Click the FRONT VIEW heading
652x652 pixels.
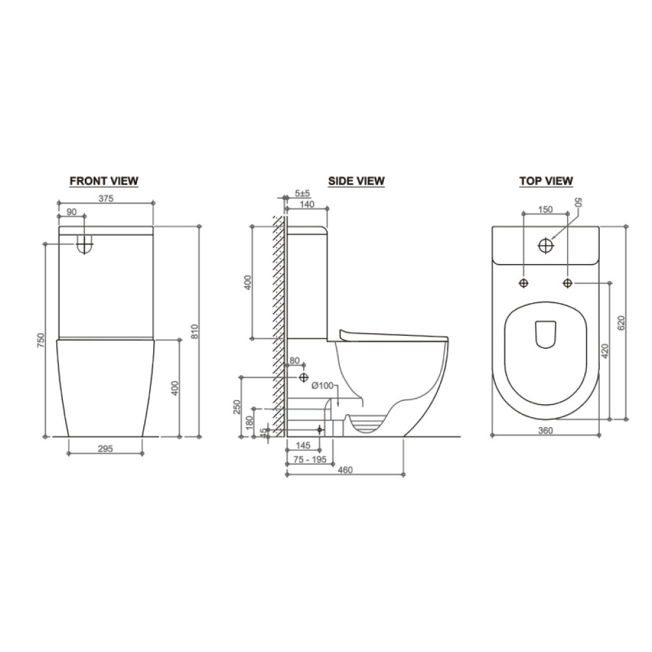(x=104, y=181)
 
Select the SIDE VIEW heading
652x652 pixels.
(x=357, y=181)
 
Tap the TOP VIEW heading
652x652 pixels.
(x=546, y=181)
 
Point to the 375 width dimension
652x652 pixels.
(x=106, y=199)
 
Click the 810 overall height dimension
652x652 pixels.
(x=194, y=331)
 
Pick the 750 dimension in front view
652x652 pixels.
(x=40, y=340)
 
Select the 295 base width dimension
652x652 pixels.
(x=105, y=449)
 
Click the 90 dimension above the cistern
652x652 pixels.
(x=72, y=212)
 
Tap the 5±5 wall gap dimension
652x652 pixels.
(x=303, y=194)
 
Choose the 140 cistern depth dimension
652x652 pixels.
(x=307, y=204)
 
